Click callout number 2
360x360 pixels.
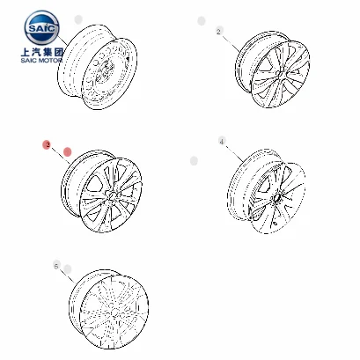pos(218,32)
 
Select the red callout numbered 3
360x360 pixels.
pos(48,143)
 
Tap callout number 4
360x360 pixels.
pos(222,142)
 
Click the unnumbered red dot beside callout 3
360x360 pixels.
pos(66,151)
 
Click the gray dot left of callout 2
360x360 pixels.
pos(202,20)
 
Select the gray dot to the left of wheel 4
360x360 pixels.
pos(195,160)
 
